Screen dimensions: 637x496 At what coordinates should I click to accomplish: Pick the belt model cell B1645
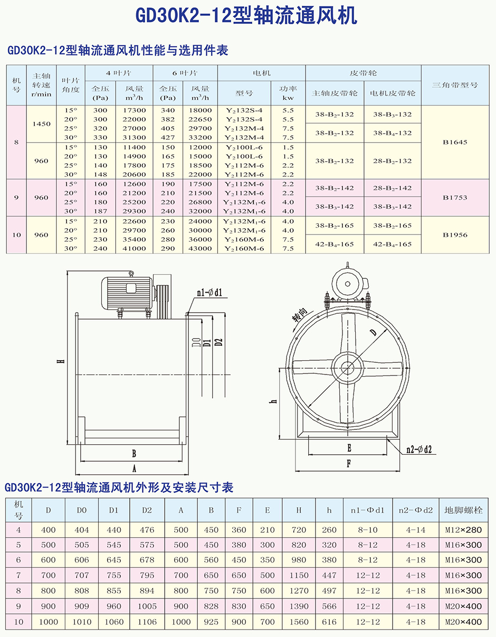(x=455, y=142)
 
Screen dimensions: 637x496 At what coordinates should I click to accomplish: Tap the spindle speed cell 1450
(x=41, y=124)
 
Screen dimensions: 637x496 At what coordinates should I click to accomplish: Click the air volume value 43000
(x=201, y=248)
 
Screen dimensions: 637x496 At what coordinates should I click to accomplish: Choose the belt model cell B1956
(x=455, y=235)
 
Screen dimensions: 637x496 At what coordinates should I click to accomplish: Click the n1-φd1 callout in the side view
(x=209, y=292)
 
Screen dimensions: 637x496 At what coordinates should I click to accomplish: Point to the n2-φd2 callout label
(x=419, y=449)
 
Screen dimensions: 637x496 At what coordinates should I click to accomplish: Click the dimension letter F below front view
(x=349, y=464)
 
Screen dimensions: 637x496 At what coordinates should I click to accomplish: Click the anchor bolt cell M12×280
(x=464, y=530)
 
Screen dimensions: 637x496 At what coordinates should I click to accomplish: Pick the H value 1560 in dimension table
(x=299, y=622)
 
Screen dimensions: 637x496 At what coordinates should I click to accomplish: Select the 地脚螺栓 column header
(x=464, y=510)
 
